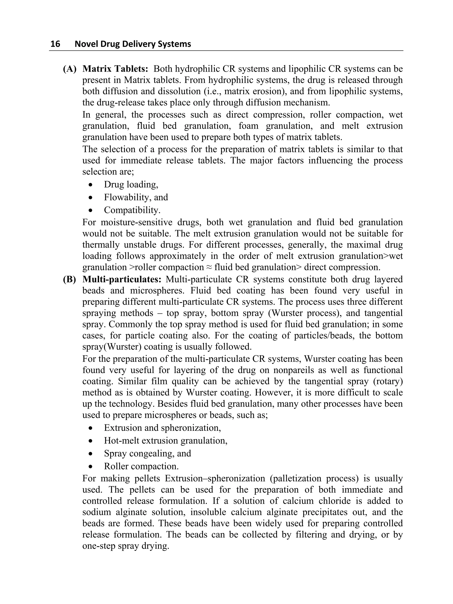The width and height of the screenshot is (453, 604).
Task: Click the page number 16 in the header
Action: point(56,44)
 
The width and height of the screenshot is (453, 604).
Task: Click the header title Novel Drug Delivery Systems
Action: point(133,44)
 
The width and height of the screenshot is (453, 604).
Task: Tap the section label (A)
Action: point(70,69)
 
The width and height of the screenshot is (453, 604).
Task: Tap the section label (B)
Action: point(70,279)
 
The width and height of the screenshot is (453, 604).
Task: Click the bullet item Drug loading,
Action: point(131,185)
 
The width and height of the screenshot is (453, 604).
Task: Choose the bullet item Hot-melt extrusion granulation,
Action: point(166,440)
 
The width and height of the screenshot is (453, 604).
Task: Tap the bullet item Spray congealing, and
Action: point(148,453)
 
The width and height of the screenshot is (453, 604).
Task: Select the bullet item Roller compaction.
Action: point(141,466)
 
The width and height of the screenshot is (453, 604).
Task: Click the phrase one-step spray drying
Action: point(126,546)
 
